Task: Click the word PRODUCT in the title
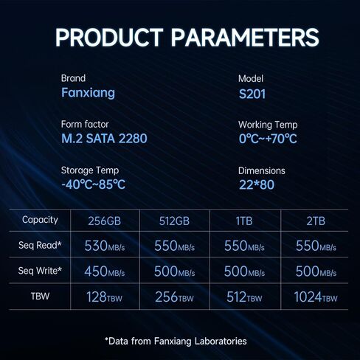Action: (x=109, y=37)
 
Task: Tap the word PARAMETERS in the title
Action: (x=245, y=37)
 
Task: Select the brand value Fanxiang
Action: (x=88, y=93)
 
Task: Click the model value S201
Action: (x=252, y=94)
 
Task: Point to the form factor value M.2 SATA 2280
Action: (x=104, y=139)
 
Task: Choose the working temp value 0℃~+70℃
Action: (x=268, y=139)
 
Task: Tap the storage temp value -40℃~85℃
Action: (x=93, y=184)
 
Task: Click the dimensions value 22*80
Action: (x=257, y=185)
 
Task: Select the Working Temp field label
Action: (x=268, y=125)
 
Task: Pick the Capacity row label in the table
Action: (x=40, y=220)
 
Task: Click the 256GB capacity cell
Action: (x=105, y=221)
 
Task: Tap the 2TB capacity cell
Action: (x=316, y=221)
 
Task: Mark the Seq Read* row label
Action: (x=40, y=245)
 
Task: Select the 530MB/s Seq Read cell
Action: (x=105, y=246)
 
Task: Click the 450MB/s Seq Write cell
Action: (x=105, y=271)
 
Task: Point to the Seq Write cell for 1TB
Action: (x=244, y=271)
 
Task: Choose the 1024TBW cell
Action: (x=316, y=297)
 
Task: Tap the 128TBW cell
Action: (x=105, y=297)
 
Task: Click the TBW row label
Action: (x=40, y=297)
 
